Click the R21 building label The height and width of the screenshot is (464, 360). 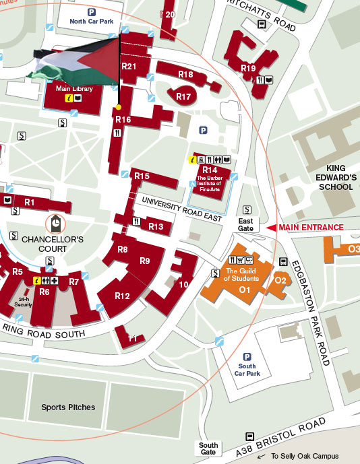point(129,66)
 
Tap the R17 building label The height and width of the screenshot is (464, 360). point(183,97)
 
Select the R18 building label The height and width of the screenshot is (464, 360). point(186,74)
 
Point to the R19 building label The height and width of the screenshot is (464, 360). point(248,68)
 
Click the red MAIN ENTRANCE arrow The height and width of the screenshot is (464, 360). point(272,228)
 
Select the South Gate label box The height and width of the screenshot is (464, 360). point(208,449)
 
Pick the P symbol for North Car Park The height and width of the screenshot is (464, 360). point(92,11)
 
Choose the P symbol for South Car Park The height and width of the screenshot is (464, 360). point(247,357)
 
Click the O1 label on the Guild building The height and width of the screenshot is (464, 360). point(245,290)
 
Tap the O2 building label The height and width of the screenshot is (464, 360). point(280,280)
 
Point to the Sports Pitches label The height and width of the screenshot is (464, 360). point(68,407)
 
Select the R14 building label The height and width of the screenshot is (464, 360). point(210,170)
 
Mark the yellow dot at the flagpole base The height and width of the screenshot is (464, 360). point(119,107)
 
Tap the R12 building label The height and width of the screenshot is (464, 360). point(122,296)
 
